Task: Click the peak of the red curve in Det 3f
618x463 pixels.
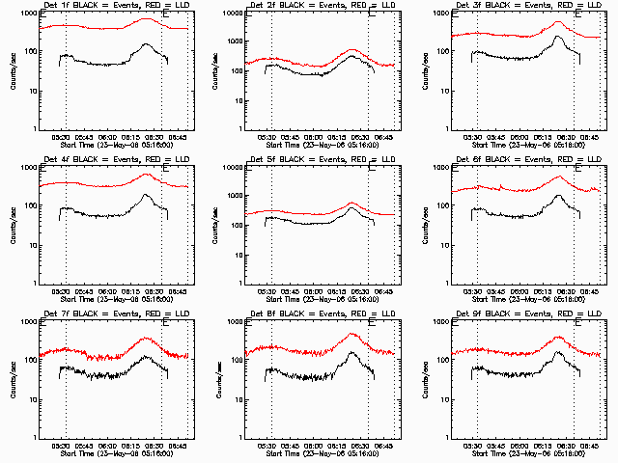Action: pos(558,22)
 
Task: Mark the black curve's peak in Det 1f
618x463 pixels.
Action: pos(146,43)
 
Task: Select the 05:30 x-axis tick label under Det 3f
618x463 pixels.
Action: pos(476,137)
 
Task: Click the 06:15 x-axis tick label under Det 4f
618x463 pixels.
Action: pos(131,291)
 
